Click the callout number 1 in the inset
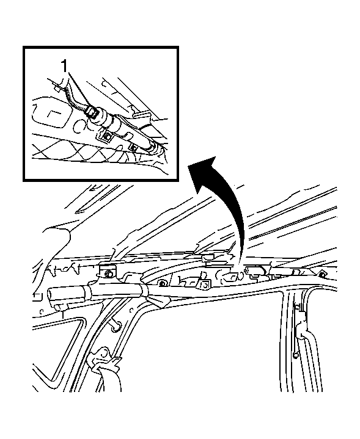(64, 67)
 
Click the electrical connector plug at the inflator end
(92, 112)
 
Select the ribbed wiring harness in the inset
(73, 96)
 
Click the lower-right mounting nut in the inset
(133, 148)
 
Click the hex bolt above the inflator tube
(108, 274)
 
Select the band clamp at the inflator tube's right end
(143, 291)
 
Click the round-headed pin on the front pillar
(116, 325)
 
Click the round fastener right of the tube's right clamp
(161, 284)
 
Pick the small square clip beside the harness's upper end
(57, 89)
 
